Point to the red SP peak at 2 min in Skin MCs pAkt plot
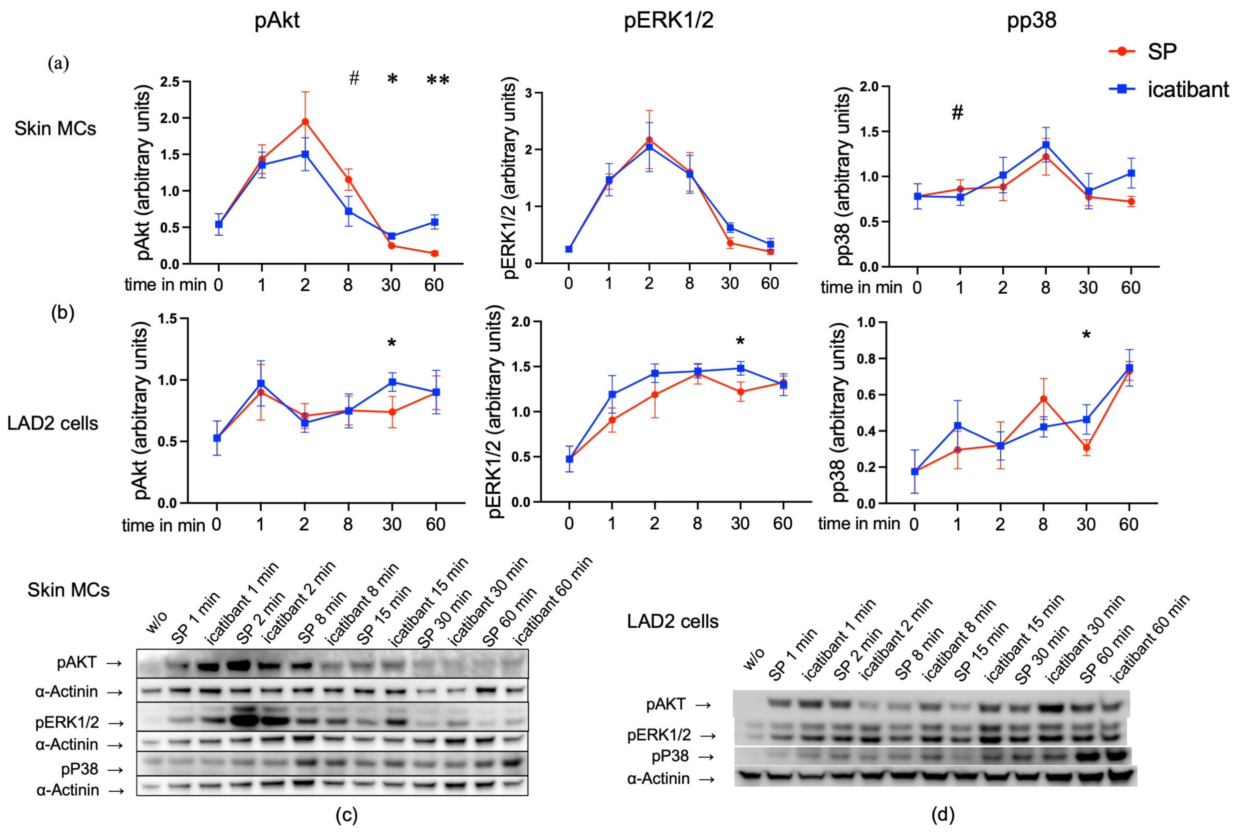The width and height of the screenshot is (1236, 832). click(305, 121)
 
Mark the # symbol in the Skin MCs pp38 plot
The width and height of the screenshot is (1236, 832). click(957, 112)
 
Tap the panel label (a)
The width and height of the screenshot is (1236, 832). click(58, 64)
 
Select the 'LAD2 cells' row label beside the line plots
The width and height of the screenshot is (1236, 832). click(53, 423)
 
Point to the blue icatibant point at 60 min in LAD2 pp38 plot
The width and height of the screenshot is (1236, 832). click(1129, 368)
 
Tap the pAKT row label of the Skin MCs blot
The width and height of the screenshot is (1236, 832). click(77, 662)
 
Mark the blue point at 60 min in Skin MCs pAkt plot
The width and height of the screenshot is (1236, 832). click(435, 222)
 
